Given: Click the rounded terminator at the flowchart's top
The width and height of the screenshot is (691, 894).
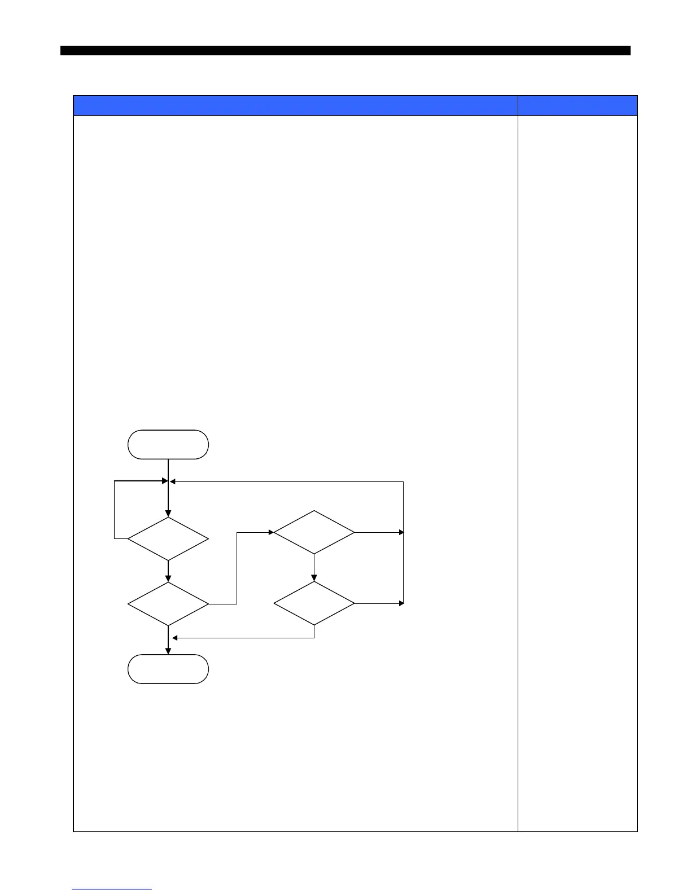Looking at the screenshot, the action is (x=168, y=444).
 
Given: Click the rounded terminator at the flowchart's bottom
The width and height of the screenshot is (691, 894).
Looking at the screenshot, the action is (x=168, y=669).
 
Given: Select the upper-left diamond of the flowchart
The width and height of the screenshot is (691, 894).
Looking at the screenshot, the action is (x=168, y=538).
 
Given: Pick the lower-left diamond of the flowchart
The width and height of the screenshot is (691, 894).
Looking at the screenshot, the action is (x=168, y=604).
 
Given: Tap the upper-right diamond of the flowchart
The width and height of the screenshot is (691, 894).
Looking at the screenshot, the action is (x=314, y=532).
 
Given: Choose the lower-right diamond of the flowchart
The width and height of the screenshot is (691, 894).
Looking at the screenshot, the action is (x=314, y=603).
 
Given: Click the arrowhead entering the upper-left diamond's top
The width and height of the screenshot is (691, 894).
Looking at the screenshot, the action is (x=168, y=513).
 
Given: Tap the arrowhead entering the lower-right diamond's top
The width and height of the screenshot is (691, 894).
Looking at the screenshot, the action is (x=314, y=578).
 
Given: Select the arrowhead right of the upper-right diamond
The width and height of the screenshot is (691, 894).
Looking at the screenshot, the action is (x=401, y=532).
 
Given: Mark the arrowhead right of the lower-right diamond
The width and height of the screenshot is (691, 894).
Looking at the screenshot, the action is (x=401, y=603).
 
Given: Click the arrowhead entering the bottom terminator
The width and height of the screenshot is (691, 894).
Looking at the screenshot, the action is (x=168, y=651).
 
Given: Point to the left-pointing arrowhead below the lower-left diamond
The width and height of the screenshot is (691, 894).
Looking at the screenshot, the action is (x=175, y=638).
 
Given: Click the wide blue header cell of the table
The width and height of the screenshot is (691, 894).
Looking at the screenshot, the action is (x=295, y=106).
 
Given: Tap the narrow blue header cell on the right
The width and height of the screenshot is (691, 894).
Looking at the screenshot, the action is (x=578, y=106).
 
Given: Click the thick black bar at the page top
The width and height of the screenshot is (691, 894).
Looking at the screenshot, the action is (x=345, y=51).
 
